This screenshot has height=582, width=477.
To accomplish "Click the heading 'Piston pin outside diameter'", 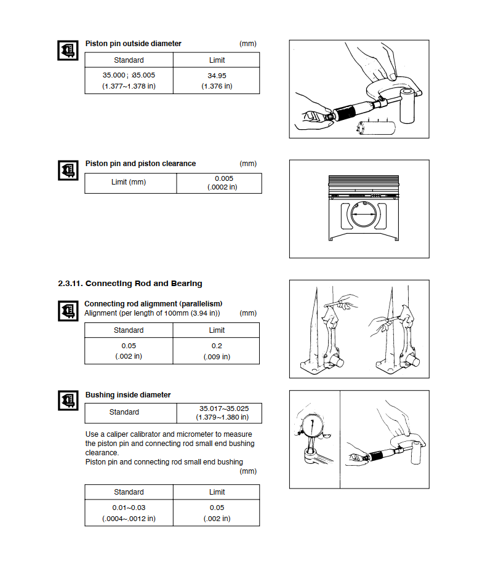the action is [x=134, y=44].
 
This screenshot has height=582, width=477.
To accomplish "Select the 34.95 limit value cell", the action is [x=217, y=81].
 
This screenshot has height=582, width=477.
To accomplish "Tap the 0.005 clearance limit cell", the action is [x=219, y=183].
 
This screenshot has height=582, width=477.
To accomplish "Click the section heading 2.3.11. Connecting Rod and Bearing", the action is [x=130, y=284].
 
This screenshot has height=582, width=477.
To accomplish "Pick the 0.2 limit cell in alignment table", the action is [x=217, y=351].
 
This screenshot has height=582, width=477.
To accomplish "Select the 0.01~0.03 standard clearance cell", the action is [x=129, y=512].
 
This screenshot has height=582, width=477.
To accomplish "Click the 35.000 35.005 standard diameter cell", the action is [x=129, y=81].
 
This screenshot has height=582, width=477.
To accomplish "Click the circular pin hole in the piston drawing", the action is [x=364, y=214].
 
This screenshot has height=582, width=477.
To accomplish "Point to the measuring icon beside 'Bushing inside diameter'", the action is [x=68, y=400].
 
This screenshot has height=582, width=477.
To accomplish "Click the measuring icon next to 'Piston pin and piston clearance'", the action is [x=68, y=170].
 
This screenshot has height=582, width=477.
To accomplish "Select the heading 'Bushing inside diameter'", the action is [x=128, y=395].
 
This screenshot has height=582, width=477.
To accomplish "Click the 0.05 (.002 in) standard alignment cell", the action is [x=129, y=351].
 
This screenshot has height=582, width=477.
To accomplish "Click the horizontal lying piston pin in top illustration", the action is [x=375, y=128].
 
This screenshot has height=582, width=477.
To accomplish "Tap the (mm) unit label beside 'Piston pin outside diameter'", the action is [x=248, y=44].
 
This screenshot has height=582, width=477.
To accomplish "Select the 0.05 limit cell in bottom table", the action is [x=217, y=512].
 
